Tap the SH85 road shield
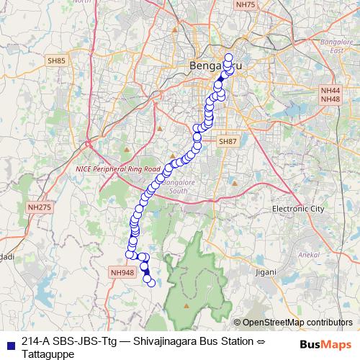pos(57,60)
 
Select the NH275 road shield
pos(39,207)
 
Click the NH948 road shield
pos(123,272)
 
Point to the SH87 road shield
pos(228,142)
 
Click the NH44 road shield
pos(330,90)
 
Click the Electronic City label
pos(298,208)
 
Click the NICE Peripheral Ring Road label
pos(118,168)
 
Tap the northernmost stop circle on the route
pos(229,58)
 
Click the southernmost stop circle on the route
pos(151,282)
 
